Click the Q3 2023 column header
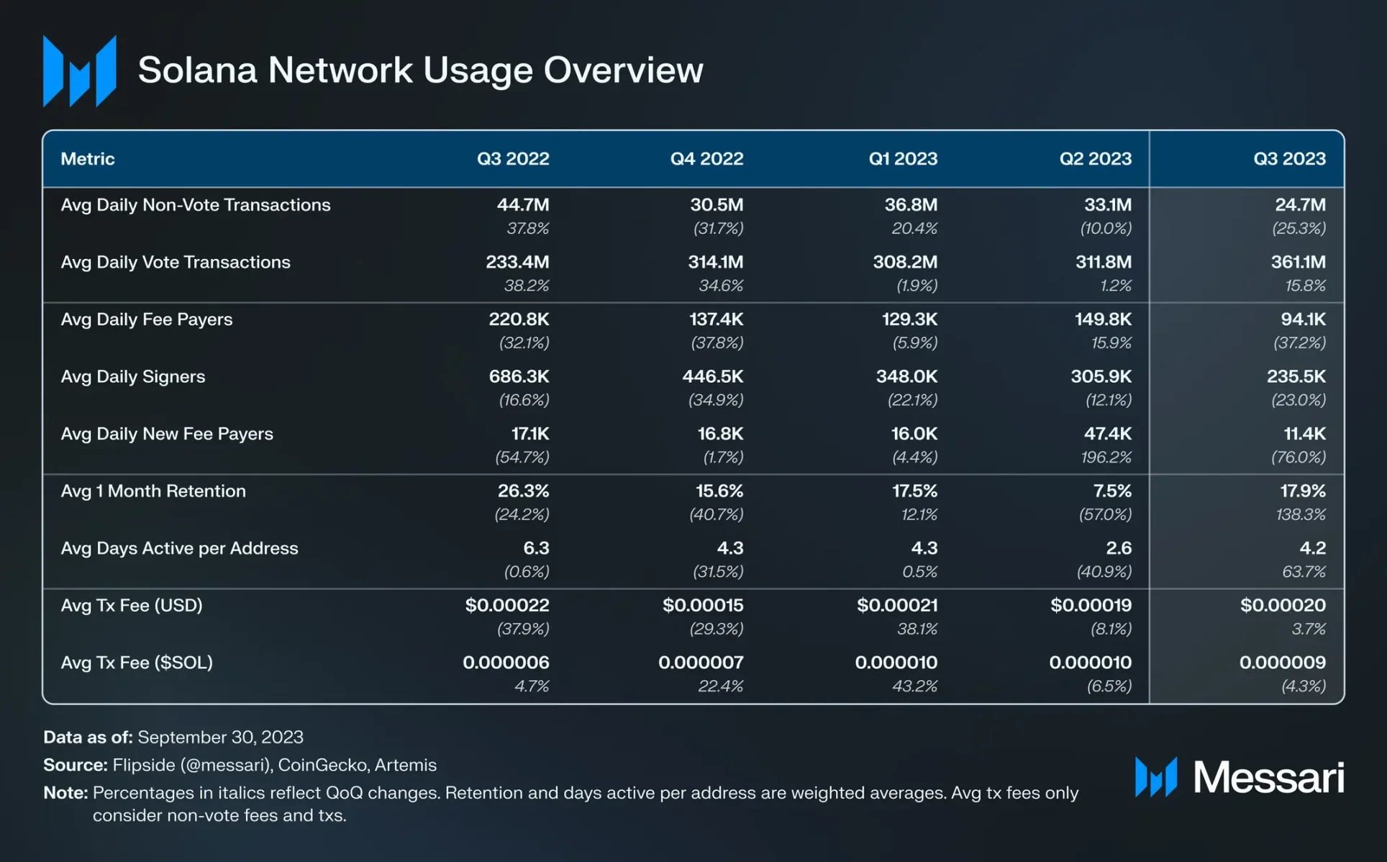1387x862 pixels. click(1289, 159)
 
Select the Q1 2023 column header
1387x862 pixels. click(903, 159)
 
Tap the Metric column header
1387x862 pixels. click(88, 159)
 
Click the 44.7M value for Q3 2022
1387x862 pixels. click(523, 205)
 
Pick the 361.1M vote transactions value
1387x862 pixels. click(1298, 262)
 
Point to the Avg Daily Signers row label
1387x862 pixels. click(133, 376)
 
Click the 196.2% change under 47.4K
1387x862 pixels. click(1106, 457)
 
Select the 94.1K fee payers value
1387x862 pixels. click(1303, 319)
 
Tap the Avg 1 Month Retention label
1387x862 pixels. click(153, 491)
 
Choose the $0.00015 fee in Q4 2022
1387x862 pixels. click(703, 605)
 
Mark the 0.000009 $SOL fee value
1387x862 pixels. click(1282, 663)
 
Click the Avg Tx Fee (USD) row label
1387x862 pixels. click(132, 605)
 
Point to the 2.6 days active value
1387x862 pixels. click(1119, 548)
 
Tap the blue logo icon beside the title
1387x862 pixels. click(79, 71)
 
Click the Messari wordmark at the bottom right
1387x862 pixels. click(1268, 777)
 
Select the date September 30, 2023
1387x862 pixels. click(220, 738)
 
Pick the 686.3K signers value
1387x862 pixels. click(519, 376)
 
